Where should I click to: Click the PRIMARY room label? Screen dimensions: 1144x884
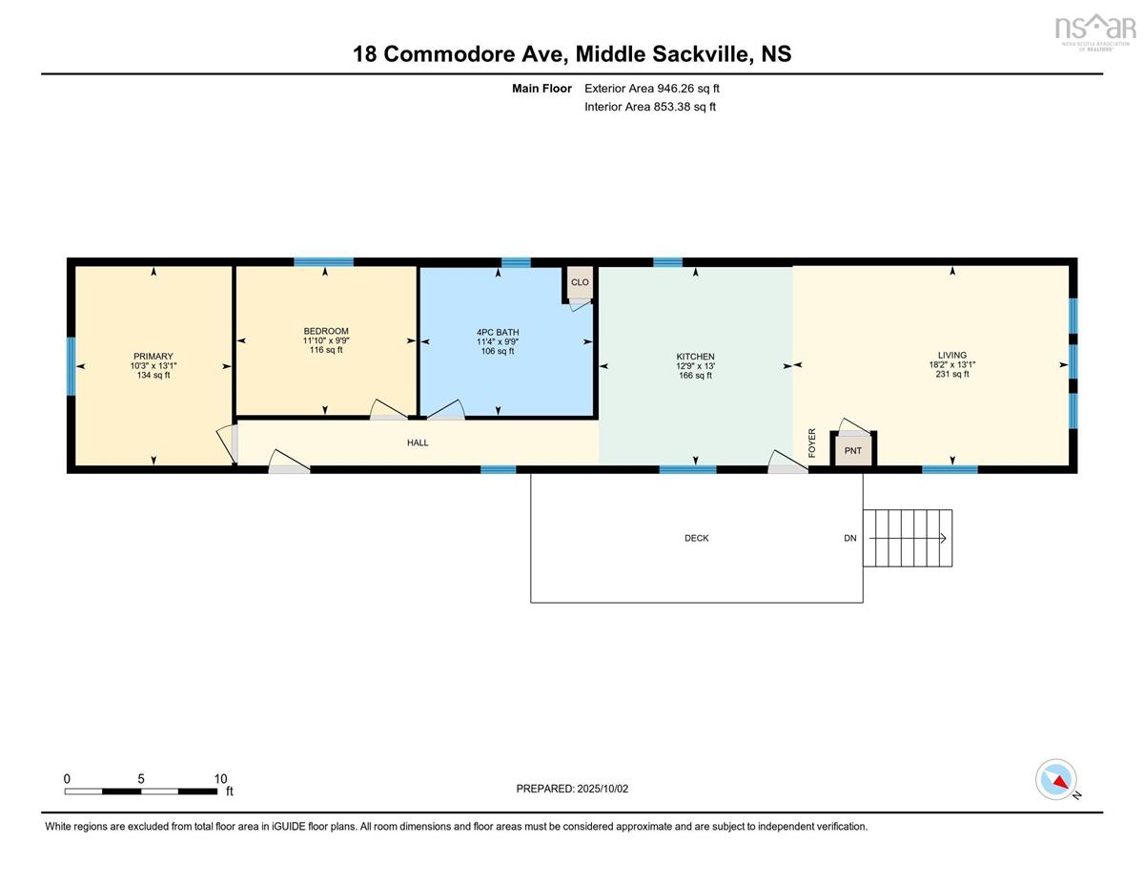pyautogui.click(x=153, y=356)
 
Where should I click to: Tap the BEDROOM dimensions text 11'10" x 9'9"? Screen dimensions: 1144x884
pyautogui.click(x=326, y=340)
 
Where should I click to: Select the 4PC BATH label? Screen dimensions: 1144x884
pyautogui.click(x=498, y=332)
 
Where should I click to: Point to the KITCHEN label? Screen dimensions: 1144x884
pyautogui.click(x=695, y=357)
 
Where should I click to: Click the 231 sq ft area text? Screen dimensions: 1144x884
pyautogui.click(x=951, y=374)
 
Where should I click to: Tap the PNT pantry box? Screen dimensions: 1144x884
pyautogui.click(x=853, y=450)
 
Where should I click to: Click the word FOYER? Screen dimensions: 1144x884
pyautogui.click(x=811, y=442)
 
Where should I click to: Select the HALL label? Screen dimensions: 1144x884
pyautogui.click(x=418, y=442)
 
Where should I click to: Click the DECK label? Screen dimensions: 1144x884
pyautogui.click(x=696, y=538)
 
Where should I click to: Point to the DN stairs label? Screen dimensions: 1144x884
pyautogui.click(x=849, y=538)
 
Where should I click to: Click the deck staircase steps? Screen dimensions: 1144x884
pyautogui.click(x=907, y=538)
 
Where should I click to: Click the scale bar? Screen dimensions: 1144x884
pyautogui.click(x=140, y=791)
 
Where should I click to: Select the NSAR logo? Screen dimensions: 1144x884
pyautogui.click(x=1095, y=31)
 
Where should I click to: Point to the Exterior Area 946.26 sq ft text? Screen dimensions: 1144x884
pyautogui.click(x=652, y=89)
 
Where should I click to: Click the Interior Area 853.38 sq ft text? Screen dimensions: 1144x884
pyautogui.click(x=650, y=107)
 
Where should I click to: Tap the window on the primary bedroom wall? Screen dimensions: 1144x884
pyautogui.click(x=71, y=366)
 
